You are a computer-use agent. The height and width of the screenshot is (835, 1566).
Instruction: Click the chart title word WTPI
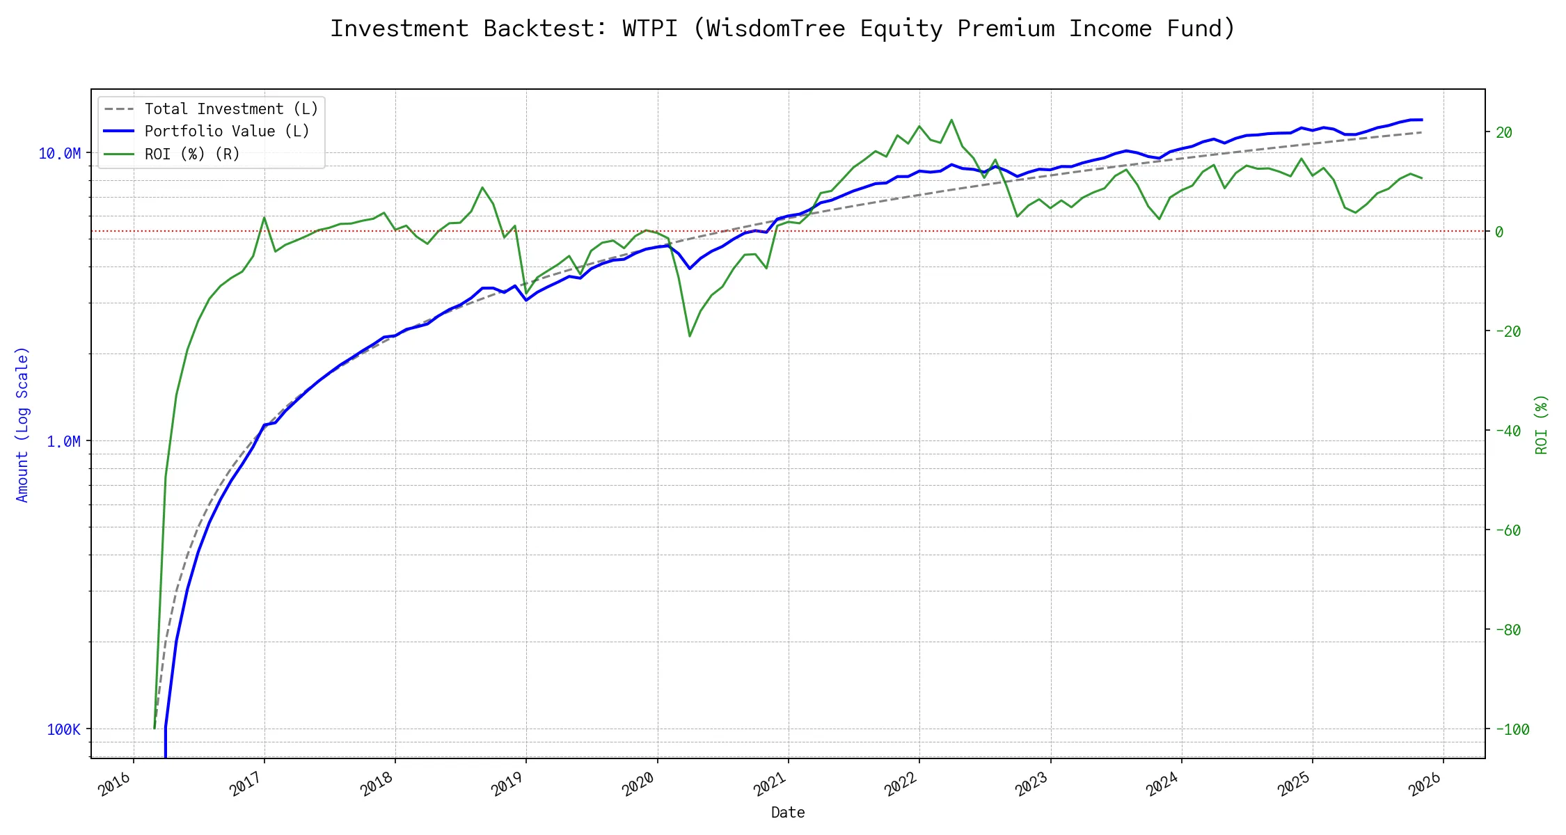coord(649,29)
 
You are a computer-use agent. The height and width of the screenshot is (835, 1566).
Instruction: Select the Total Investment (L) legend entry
coord(231,109)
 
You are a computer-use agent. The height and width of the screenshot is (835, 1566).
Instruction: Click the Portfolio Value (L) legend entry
coord(227,132)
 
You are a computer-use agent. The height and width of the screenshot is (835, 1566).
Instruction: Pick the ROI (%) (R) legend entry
coord(192,154)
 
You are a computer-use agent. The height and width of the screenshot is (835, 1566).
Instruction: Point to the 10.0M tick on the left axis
coord(60,154)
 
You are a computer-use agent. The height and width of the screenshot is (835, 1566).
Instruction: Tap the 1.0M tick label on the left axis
coord(64,442)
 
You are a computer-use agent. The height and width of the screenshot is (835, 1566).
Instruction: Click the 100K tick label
coord(64,730)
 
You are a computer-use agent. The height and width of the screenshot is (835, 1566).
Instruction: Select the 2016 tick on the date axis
coord(116,784)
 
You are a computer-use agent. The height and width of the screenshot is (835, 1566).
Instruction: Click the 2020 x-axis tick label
coord(639,784)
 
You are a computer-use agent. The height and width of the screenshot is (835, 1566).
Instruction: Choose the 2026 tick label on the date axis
coord(1425,784)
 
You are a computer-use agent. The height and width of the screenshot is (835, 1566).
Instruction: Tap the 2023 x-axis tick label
coord(1032,784)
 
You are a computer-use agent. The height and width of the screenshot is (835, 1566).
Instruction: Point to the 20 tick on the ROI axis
coord(1503,133)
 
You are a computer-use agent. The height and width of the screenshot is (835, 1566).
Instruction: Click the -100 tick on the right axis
coord(1512,730)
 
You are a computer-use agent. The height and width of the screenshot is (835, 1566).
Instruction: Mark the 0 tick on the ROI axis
coord(1499,232)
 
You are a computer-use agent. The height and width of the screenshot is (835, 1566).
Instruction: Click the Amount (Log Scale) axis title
coord(22,424)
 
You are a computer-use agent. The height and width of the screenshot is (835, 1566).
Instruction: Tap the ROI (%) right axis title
coord(1542,424)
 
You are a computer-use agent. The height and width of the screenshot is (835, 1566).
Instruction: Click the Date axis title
coord(788,813)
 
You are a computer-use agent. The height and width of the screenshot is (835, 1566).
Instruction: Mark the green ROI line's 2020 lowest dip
coord(690,336)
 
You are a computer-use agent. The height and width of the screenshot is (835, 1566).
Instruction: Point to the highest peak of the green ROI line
coord(951,120)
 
